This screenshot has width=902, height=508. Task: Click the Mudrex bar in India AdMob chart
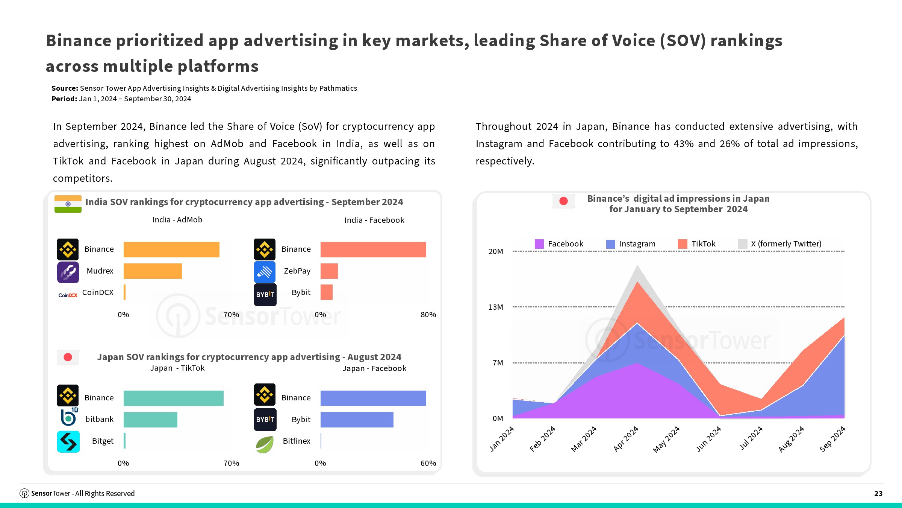point(153,271)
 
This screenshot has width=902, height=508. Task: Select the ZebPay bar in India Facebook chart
point(329,271)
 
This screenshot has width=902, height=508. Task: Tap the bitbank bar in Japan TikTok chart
point(150,420)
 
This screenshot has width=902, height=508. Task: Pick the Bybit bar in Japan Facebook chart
point(357,420)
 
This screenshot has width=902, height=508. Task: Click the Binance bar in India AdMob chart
point(171,249)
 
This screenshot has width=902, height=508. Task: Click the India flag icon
point(68,204)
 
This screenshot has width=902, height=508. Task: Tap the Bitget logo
point(68,441)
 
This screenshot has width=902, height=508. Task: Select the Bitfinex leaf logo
point(265,444)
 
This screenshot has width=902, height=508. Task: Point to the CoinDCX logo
point(68,295)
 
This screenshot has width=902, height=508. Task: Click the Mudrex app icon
point(68,272)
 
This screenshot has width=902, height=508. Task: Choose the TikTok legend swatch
point(683,244)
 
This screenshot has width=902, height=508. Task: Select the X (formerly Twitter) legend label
point(786,244)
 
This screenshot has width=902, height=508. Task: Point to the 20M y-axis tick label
point(495,251)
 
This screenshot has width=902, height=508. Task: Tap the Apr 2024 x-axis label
point(626,439)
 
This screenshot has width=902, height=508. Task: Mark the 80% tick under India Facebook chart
point(428,315)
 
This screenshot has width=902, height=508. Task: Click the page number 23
point(878,493)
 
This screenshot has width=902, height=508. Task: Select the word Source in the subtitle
point(64,88)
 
